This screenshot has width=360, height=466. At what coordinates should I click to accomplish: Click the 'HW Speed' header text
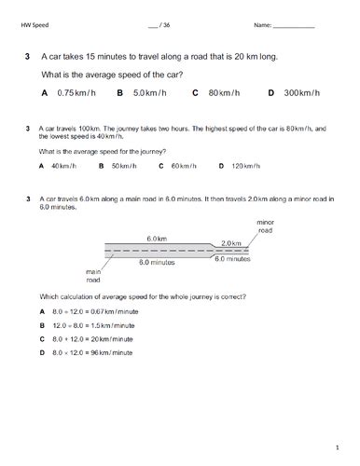click(33, 25)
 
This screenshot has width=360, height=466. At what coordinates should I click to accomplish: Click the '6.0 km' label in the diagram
click(156, 240)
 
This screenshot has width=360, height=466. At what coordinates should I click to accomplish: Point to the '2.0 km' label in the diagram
click(231, 242)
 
